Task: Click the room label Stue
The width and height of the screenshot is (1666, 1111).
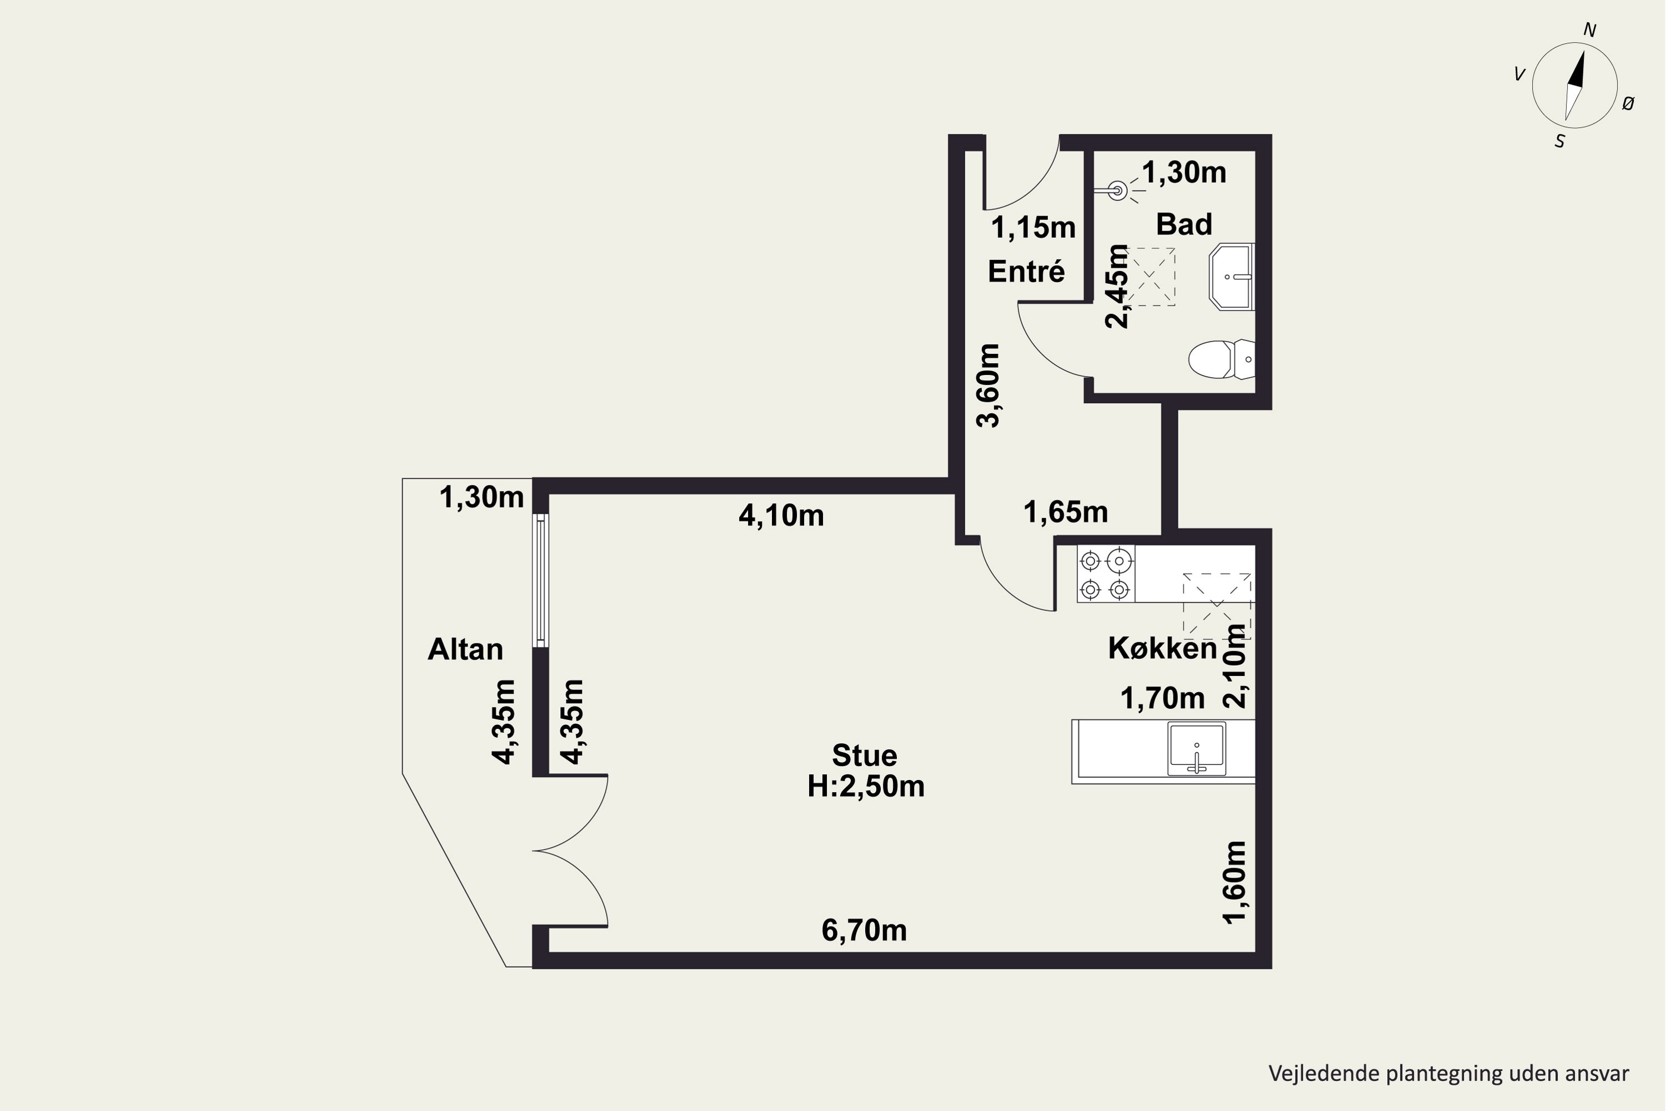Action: [864, 755]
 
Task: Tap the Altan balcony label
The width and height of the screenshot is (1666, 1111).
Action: [465, 649]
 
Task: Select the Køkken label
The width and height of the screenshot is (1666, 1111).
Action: [1162, 648]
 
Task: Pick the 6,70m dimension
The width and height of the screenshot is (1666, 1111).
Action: [864, 930]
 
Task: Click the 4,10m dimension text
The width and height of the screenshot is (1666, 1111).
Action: [781, 515]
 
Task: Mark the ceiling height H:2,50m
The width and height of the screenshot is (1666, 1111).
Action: [866, 787]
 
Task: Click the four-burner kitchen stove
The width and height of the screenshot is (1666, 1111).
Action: [1106, 574]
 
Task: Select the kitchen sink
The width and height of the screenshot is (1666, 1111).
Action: [1196, 749]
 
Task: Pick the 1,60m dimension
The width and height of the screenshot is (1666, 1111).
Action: [1235, 882]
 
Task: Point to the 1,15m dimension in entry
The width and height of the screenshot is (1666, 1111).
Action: [1033, 227]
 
